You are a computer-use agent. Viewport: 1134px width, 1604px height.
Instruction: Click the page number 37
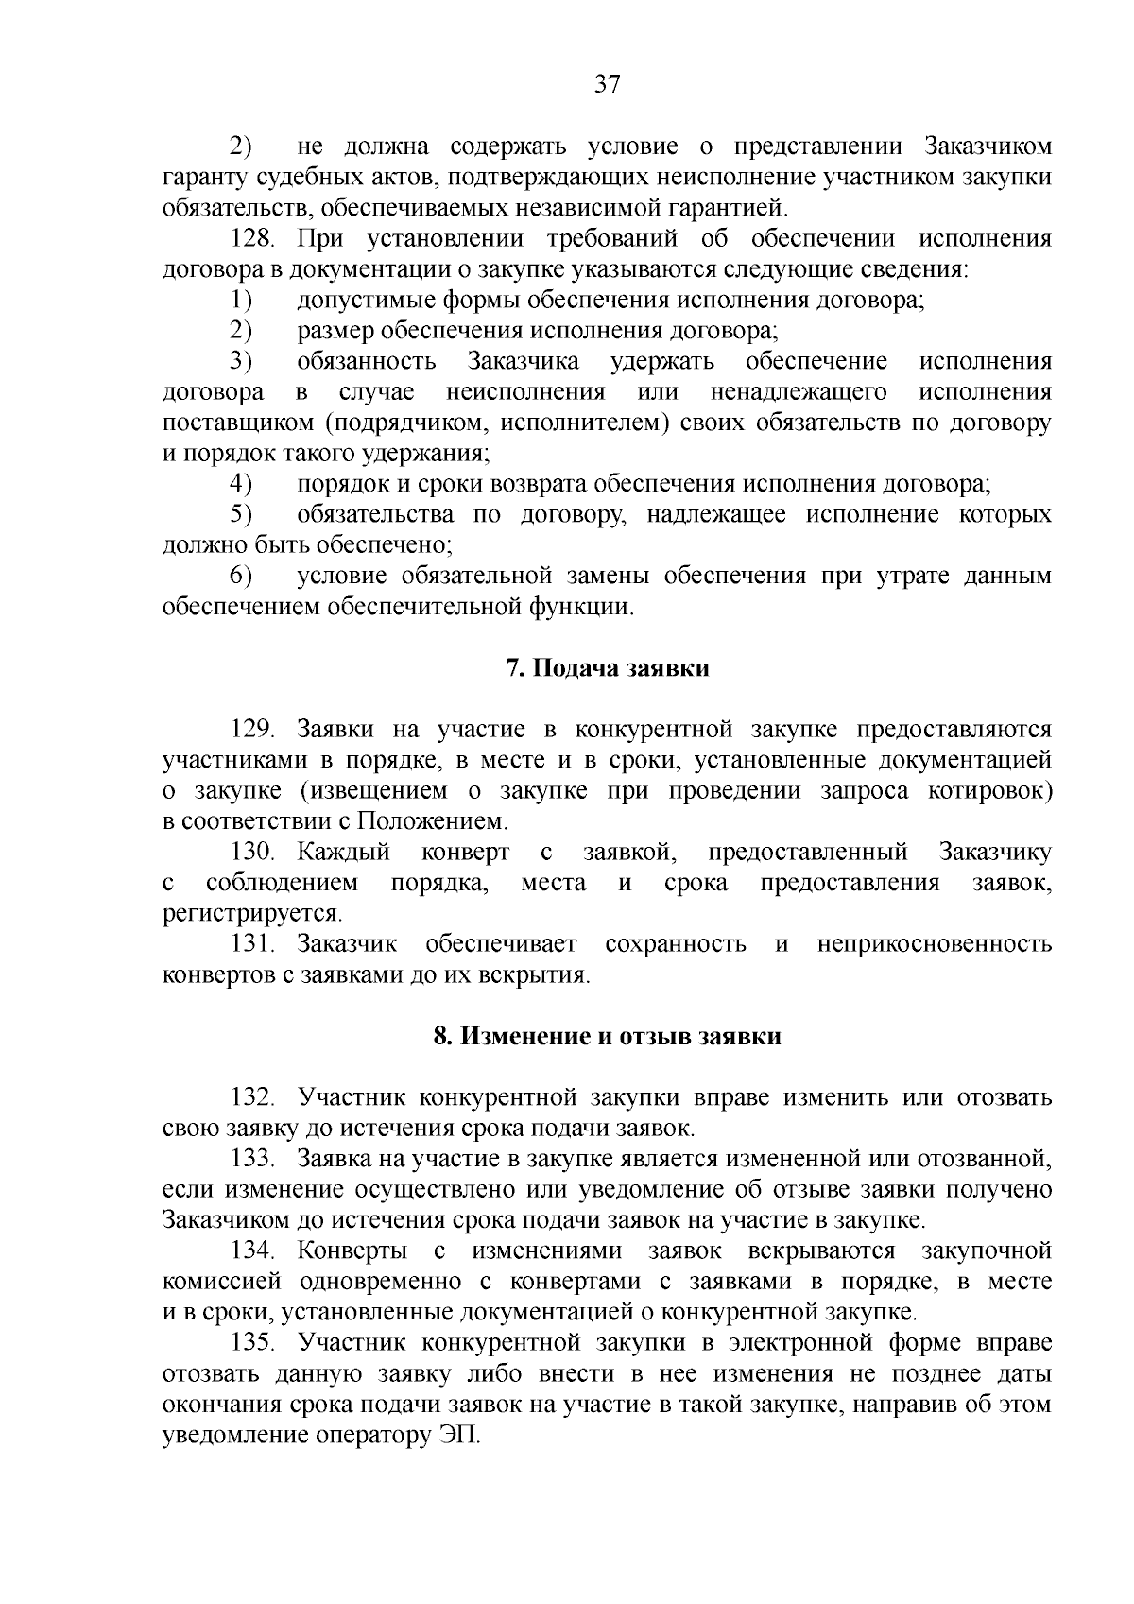pyautogui.click(x=607, y=85)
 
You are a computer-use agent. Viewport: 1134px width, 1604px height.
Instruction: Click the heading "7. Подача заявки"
pyautogui.click(x=607, y=668)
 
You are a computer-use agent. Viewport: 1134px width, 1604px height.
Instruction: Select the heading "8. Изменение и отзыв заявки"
pyautogui.click(x=607, y=1036)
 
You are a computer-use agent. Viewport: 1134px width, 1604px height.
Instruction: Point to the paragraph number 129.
pyautogui.click(x=252, y=730)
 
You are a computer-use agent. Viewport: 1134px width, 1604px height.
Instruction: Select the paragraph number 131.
pyautogui.click(x=252, y=944)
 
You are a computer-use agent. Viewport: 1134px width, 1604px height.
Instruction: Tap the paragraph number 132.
pyautogui.click(x=252, y=1097)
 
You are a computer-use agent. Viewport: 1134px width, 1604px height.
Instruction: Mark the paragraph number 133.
pyautogui.click(x=252, y=1159)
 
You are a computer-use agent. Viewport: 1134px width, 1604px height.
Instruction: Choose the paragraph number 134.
pyautogui.click(x=252, y=1250)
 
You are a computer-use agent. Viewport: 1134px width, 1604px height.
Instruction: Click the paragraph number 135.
pyautogui.click(x=252, y=1343)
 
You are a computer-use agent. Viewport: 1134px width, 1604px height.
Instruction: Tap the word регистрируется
pyautogui.click(x=253, y=914)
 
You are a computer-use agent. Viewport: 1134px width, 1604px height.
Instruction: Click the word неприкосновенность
pyautogui.click(x=934, y=944)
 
